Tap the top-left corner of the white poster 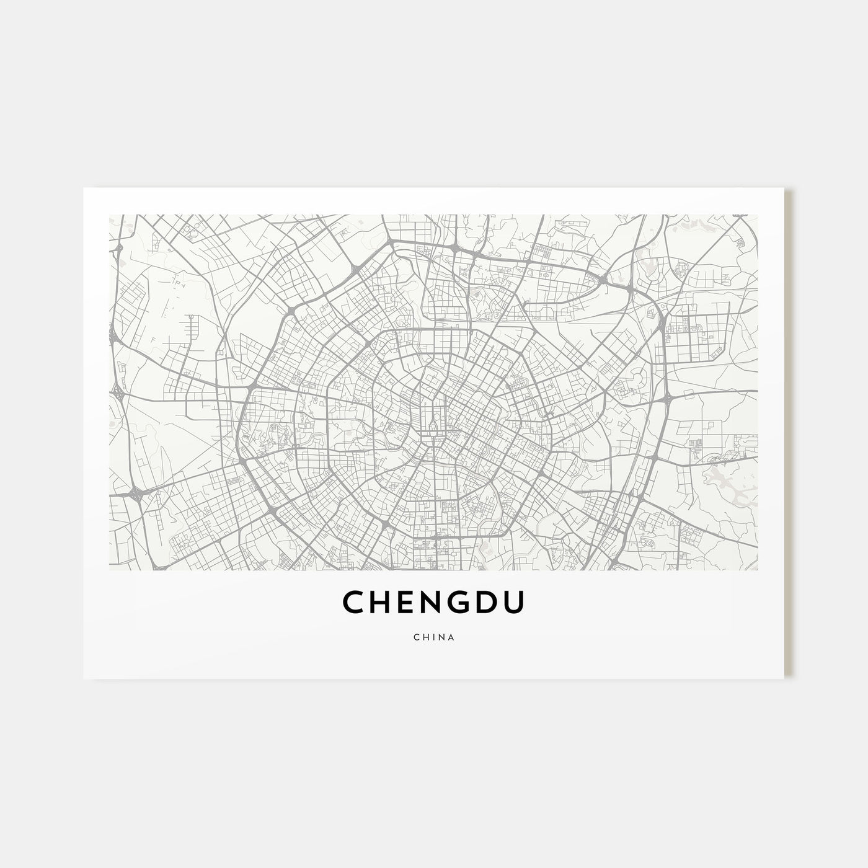[84, 188]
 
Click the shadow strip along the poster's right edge [789, 434]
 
